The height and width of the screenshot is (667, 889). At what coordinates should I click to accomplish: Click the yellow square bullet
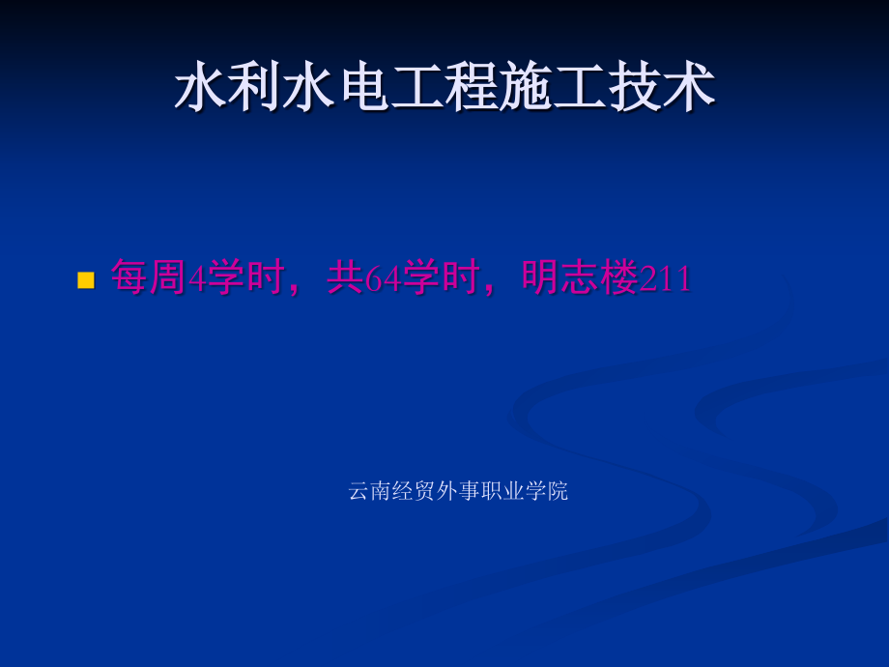85,280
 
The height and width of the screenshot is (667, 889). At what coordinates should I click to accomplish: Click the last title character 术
688,90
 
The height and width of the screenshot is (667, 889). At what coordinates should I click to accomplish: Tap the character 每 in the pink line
129,278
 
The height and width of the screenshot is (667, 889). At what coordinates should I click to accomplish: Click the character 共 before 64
344,278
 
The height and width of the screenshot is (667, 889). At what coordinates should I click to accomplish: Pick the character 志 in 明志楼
580,278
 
